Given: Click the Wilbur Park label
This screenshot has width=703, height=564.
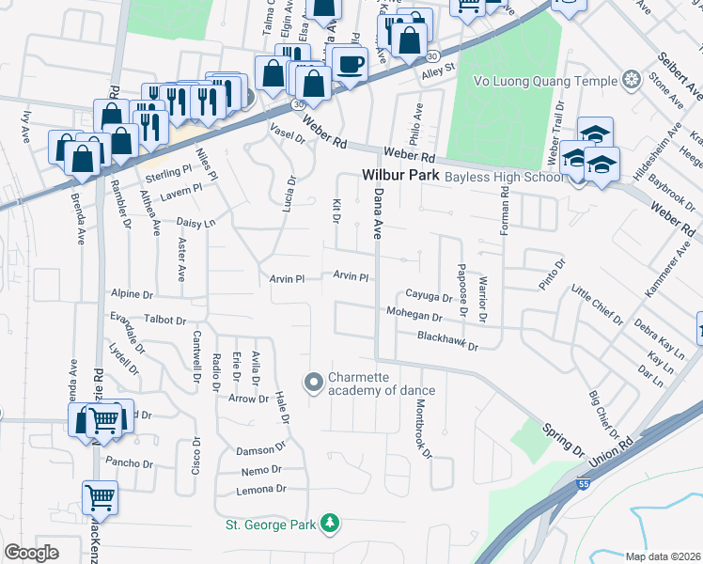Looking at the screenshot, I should [x=399, y=175].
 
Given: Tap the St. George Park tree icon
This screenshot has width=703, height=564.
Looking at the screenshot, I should [x=329, y=522].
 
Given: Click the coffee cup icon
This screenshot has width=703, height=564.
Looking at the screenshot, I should [x=350, y=65].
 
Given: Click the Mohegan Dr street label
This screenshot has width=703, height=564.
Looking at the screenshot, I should [x=412, y=315].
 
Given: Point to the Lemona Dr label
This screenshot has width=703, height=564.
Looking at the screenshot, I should [x=262, y=490].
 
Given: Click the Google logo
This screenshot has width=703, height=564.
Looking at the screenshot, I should [x=32, y=553].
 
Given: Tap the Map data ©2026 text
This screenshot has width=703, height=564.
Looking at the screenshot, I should [x=663, y=556].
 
